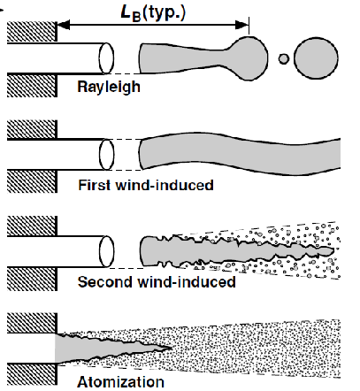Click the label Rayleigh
(x=109, y=88)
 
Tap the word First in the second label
(x=90, y=185)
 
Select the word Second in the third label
(x=105, y=282)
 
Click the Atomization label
(x=120, y=382)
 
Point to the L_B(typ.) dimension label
(x=153, y=13)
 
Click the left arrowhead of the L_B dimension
(x=64, y=25)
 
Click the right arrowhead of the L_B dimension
(x=242, y=25)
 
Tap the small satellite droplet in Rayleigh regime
(x=284, y=58)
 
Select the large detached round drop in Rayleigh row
(x=316, y=57)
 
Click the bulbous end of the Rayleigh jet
(x=249, y=58)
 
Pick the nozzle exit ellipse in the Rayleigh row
(x=106, y=58)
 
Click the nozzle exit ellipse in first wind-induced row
(x=106, y=155)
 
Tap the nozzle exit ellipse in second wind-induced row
(x=106, y=251)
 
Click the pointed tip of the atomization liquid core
(x=172, y=348)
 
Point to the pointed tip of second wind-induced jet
(x=333, y=251)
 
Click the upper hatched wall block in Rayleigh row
(x=32, y=31)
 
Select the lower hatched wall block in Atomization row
(x=32, y=374)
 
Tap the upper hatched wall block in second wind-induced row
(x=32, y=226)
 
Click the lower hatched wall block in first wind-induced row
(x=32, y=181)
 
